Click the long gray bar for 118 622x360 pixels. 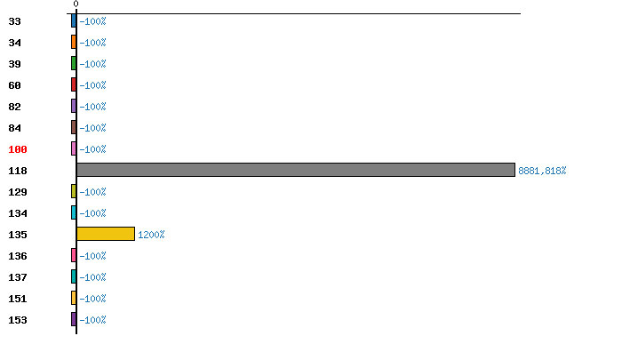point(295,170)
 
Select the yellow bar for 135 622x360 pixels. point(105,234)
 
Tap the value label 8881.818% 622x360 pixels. point(541,171)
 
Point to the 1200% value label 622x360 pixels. point(151,235)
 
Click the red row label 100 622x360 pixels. point(18,149)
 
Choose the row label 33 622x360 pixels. point(14,21)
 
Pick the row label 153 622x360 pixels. point(18,320)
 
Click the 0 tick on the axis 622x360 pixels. point(76,4)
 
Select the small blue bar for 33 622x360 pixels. point(74,20)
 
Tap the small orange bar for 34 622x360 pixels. point(74,42)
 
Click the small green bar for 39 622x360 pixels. point(74,63)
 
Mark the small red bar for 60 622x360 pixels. point(74,84)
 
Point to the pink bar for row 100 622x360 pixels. point(74,148)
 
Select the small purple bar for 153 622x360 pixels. point(74,319)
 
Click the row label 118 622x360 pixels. point(18,171)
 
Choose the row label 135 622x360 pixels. point(18,235)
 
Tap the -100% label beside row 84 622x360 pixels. point(92,128)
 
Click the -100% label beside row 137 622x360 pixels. point(92,277)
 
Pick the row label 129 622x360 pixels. point(18,192)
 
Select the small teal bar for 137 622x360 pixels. point(74,276)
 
